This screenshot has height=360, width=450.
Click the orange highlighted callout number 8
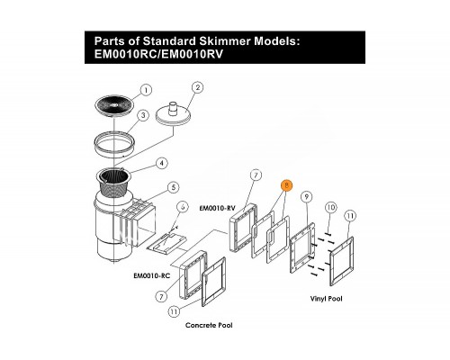pos(286,185)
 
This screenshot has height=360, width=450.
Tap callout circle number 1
pos(146,90)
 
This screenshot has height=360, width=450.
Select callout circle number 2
pos(197,87)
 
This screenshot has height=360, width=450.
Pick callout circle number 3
pos(143,115)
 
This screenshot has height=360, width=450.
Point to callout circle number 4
pos(162,164)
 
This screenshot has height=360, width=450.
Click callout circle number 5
pos(173,188)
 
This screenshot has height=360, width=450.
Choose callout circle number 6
pos(183,207)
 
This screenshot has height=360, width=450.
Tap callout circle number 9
pos(306,197)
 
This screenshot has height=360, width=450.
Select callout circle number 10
pos(330,207)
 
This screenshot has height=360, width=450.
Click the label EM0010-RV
pos(218,208)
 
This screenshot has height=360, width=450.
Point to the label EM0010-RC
pos(152,275)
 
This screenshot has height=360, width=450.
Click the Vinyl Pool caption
pos(326,299)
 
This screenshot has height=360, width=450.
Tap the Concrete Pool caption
pos(209,325)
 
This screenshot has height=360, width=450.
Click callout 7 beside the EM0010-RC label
pos(161,297)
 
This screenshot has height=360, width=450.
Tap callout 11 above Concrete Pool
pos(174,311)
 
